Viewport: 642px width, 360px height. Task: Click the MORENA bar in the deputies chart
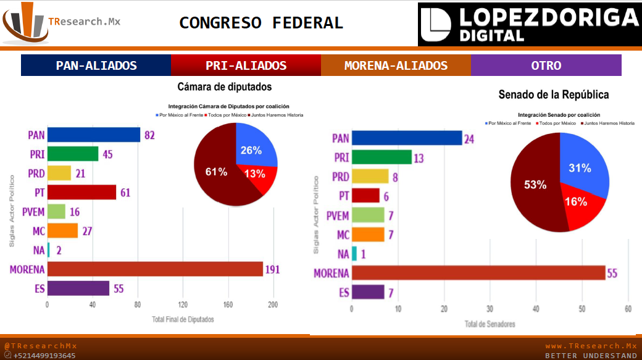155,269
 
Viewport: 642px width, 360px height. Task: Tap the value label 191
272,269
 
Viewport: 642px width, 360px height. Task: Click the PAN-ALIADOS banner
96,65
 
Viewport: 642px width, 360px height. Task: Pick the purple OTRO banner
546,65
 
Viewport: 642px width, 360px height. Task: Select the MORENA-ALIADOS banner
396,65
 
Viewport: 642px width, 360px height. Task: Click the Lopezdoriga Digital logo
529,24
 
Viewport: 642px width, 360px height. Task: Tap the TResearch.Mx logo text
85,22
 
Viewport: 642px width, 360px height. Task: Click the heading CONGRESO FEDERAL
261,23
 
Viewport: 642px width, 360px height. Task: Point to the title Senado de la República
553,94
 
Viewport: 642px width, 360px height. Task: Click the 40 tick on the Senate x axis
536,309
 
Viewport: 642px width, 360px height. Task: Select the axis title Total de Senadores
490,324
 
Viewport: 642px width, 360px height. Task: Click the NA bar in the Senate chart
354,253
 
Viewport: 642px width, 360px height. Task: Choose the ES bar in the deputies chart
78,288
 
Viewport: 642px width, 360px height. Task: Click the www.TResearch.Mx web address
591,346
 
